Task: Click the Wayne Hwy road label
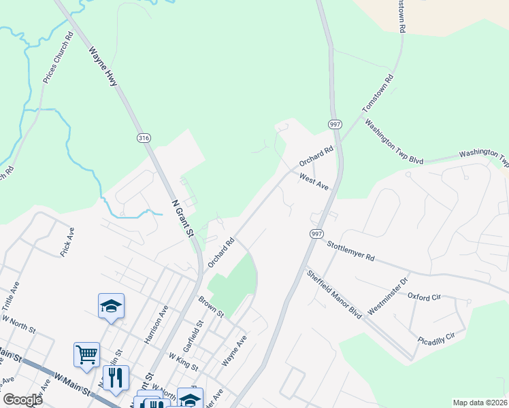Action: click(103, 66)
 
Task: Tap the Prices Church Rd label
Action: click(57, 59)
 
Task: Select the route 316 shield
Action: click(143, 138)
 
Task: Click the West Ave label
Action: click(314, 181)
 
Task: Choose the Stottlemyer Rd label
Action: click(350, 250)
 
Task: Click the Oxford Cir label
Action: click(425, 296)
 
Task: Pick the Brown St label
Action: click(211, 306)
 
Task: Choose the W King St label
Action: click(184, 362)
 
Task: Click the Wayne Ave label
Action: click(233, 350)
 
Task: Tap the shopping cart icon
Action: click(86, 354)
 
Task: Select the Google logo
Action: click(22, 400)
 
